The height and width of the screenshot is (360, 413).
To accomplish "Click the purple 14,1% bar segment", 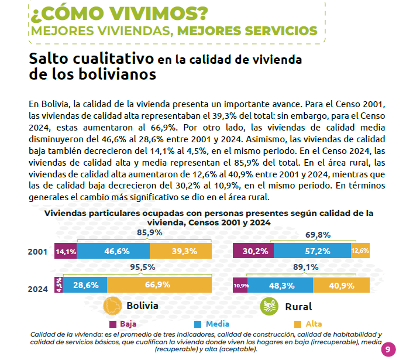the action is [x=66, y=251].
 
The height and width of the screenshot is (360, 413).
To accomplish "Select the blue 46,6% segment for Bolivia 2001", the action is [x=113, y=251].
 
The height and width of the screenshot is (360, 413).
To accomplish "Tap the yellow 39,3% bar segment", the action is [x=181, y=251].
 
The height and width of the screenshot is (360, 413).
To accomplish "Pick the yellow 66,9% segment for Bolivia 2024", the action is [x=159, y=284].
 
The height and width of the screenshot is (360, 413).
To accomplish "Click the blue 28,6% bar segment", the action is [x=85, y=284].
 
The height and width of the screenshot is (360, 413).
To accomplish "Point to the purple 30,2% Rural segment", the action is [x=253, y=251].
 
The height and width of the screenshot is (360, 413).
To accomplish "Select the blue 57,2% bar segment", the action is [x=312, y=251].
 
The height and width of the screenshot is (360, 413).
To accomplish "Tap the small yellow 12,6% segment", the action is [x=360, y=251].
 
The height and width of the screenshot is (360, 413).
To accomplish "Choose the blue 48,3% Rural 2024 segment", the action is [x=280, y=285].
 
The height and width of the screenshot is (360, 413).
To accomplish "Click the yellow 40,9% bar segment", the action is [x=342, y=285].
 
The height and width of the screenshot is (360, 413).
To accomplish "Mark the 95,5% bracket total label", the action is [x=143, y=268].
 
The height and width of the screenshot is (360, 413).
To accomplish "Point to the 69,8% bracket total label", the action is [x=318, y=235].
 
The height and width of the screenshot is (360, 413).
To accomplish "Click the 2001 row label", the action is [x=37, y=252].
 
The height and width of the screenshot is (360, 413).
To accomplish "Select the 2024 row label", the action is [x=38, y=289].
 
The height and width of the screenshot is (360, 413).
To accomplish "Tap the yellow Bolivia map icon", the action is [x=113, y=306].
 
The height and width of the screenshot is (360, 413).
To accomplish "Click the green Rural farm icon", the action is [x=269, y=307].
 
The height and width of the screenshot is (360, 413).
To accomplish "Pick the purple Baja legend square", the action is [x=113, y=324].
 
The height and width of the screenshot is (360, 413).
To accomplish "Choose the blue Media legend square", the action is [x=198, y=324].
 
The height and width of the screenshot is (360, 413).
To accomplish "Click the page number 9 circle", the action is [x=388, y=349].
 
